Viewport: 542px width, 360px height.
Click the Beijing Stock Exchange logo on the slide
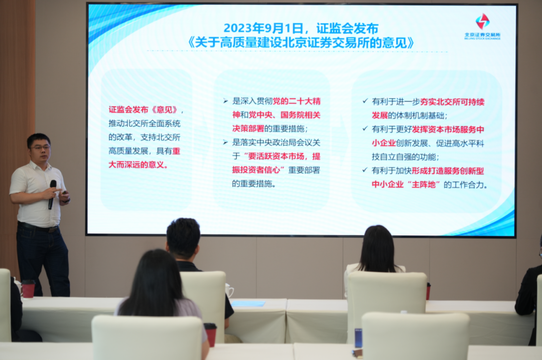tap(482, 27)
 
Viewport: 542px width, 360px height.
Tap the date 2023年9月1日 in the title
tap(263, 28)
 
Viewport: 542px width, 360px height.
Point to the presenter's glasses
tap(40, 147)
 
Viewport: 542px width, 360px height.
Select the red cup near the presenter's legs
tap(28, 289)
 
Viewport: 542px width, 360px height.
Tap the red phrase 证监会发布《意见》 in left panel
tap(143, 110)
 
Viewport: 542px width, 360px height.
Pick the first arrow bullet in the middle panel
tap(225, 101)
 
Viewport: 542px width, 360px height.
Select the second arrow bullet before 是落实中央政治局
tap(225, 143)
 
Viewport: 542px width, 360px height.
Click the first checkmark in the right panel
tap(365, 101)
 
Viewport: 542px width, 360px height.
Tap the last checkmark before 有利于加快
tap(365, 170)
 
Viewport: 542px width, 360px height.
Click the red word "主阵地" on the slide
tap(423, 185)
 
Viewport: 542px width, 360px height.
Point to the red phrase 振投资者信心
tap(256, 170)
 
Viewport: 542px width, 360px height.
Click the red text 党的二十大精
tap(297, 101)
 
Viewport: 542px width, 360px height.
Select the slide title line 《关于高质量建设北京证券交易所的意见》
tap(301, 43)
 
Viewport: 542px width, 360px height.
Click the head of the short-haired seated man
tap(183, 239)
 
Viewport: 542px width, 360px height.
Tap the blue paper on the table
tap(248, 304)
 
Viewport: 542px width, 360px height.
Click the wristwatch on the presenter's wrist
tap(67, 200)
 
